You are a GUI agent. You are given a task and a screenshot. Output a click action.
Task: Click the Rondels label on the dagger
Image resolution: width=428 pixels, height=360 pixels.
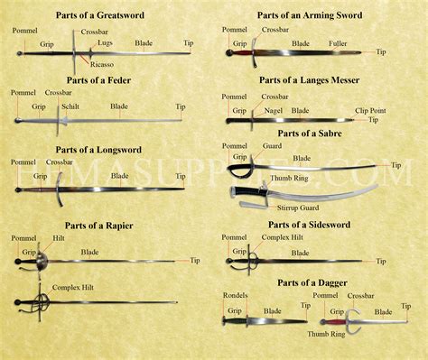click(x=235, y=295)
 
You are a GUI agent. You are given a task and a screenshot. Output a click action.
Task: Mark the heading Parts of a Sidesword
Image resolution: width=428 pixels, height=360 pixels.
click(x=309, y=224)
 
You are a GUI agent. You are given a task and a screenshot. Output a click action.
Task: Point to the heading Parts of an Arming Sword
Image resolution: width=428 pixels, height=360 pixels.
click(x=308, y=15)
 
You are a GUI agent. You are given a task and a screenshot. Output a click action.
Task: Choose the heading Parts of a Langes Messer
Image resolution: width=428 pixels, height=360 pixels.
click(x=309, y=79)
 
